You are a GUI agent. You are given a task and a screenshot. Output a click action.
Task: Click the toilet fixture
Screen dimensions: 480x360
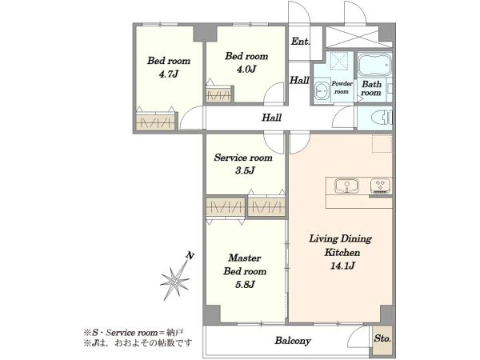[x=382, y=118]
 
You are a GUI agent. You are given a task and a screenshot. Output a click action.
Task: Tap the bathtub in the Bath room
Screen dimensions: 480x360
[x=375, y=65]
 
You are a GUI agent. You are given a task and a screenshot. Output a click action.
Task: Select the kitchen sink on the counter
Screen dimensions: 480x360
[x=346, y=186]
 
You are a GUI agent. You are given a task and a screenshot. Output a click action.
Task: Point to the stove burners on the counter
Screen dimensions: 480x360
[x=381, y=186]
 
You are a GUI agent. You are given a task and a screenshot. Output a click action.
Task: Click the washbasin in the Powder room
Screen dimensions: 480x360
[x=322, y=91]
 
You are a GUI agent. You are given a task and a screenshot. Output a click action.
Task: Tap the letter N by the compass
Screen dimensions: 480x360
[x=190, y=256]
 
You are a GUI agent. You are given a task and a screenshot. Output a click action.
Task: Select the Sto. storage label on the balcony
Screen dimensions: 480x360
[x=382, y=338]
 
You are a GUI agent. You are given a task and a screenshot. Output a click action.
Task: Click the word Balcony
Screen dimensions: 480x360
[x=293, y=341]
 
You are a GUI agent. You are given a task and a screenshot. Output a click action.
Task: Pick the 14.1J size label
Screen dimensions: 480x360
[x=342, y=266]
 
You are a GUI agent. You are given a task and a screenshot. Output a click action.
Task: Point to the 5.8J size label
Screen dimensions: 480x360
[x=245, y=285]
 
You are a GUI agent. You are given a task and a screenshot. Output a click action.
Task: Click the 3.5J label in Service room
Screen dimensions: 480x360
[x=245, y=170]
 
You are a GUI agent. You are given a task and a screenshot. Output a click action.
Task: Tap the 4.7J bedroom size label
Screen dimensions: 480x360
[x=168, y=74]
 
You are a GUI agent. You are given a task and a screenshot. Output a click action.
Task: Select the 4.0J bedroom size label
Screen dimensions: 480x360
[x=246, y=69]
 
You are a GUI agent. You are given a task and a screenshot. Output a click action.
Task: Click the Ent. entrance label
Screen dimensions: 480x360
[x=300, y=42]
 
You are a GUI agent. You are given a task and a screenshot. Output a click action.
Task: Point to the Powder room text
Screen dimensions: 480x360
[x=342, y=87]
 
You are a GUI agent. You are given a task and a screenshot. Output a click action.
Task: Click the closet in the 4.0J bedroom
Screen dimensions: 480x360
[x=218, y=95]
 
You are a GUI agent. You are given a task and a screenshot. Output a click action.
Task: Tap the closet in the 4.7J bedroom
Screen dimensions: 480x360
[x=155, y=122]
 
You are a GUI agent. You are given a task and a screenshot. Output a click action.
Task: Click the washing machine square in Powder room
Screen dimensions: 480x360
[x=339, y=62]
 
